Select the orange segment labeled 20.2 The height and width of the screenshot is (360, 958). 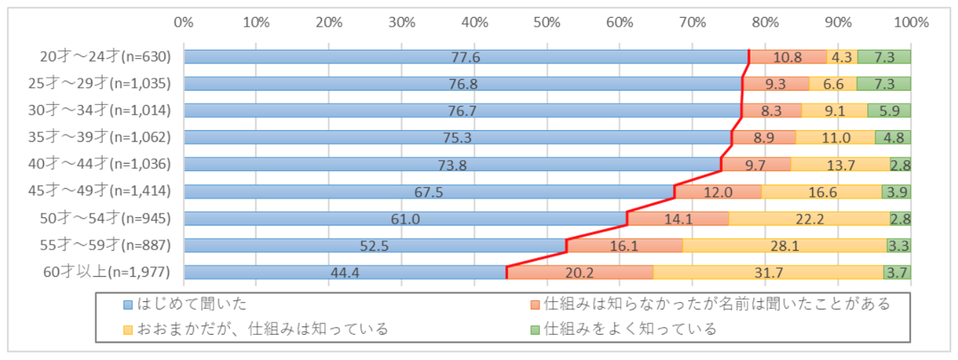579,272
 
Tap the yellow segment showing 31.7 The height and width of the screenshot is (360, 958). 768,272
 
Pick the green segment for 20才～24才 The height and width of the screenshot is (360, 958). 884,57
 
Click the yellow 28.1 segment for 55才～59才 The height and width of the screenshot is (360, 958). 785,245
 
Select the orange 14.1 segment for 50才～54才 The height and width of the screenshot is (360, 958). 678,219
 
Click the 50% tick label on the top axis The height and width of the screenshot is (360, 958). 547,22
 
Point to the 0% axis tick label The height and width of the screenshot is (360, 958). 184,22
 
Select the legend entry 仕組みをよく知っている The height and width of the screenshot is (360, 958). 629,328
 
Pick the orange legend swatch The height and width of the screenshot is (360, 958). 535,304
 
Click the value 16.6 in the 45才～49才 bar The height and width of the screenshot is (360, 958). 820,192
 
